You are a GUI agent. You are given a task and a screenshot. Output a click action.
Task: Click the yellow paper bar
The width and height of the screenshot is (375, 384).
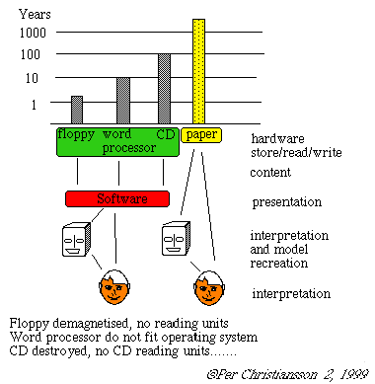[198, 71]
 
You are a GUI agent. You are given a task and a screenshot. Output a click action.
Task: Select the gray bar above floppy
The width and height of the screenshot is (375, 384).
[77, 110]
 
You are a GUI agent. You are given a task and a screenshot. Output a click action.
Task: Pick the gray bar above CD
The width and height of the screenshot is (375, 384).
[164, 89]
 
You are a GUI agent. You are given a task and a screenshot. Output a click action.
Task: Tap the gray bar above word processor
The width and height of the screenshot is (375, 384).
[123, 101]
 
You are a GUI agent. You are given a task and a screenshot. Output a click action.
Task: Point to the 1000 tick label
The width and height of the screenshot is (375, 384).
[33, 33]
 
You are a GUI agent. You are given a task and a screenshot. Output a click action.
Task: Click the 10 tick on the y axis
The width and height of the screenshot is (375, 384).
[32, 78]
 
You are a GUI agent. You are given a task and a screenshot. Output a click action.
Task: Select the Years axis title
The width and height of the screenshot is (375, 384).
[35, 14]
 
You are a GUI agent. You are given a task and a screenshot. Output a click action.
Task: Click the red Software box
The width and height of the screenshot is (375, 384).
[117, 198]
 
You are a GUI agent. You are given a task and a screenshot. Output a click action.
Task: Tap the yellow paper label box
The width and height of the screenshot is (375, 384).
[201, 135]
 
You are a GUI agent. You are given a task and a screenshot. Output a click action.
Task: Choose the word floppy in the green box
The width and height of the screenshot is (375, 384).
[76, 134]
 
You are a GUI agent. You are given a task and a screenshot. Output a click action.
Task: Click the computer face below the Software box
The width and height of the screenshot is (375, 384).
[76, 239]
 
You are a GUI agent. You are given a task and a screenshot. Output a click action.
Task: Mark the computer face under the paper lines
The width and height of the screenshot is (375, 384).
[176, 239]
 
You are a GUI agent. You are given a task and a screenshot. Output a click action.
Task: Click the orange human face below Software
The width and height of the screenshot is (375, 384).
[114, 287]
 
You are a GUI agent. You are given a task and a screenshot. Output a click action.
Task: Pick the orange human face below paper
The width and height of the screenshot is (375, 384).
[209, 288]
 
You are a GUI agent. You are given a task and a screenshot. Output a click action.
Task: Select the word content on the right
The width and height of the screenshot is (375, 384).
[270, 173]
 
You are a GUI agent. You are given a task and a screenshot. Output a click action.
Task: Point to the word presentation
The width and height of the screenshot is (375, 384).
[287, 202]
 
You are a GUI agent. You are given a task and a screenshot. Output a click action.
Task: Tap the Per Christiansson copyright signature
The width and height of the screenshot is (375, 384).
[287, 374]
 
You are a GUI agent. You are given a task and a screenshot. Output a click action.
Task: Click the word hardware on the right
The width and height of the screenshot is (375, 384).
[277, 139]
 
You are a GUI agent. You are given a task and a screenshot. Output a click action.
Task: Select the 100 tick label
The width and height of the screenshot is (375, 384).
[31, 54]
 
